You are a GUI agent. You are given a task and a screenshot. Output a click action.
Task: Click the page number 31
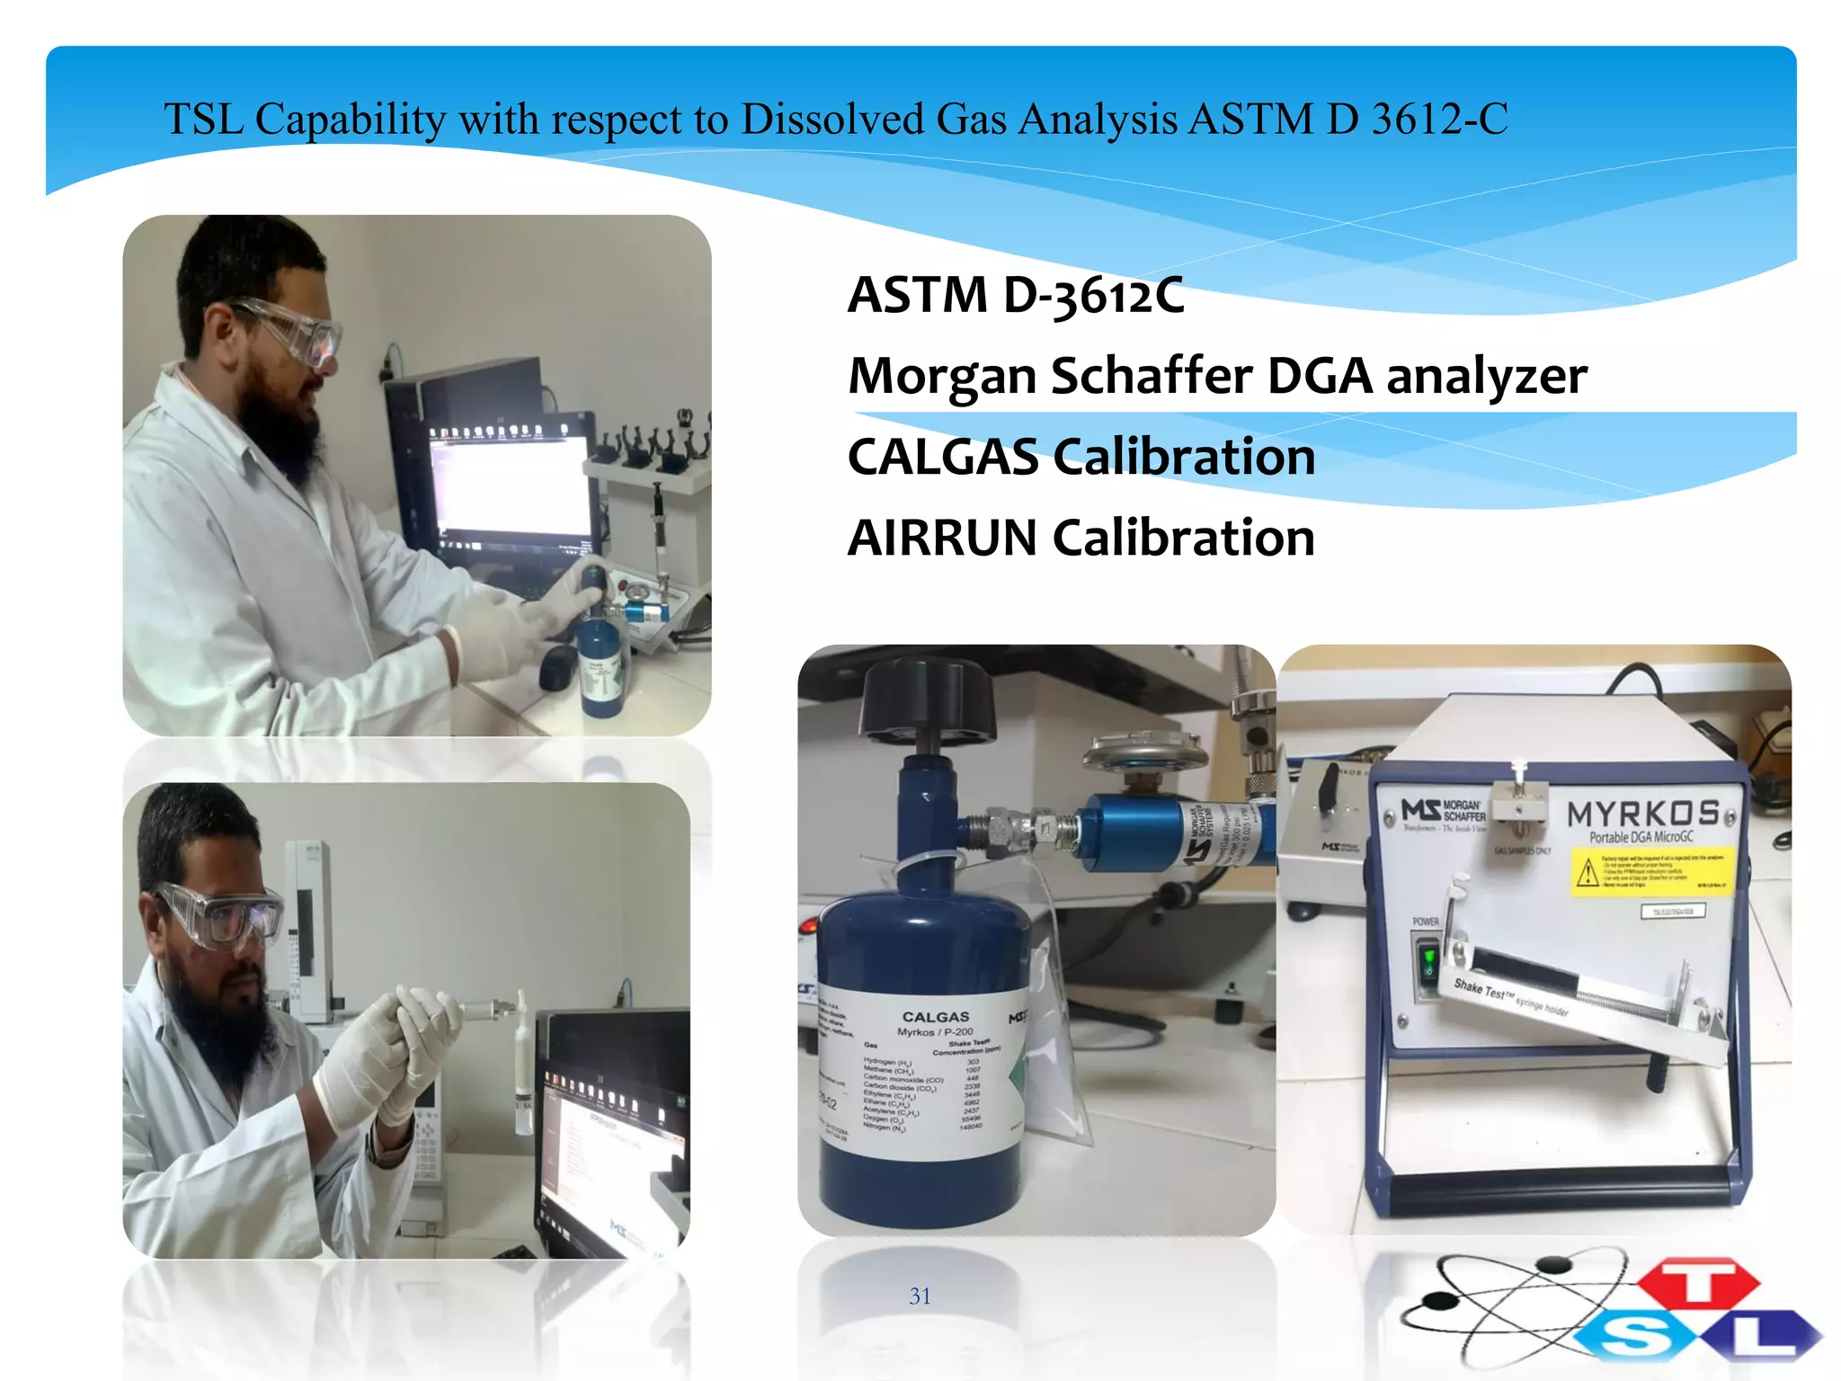pyautogui.click(x=920, y=1296)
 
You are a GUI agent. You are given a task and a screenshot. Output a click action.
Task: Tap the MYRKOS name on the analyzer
pyautogui.click(x=1643, y=814)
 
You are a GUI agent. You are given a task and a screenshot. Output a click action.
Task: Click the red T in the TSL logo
pyautogui.click(x=1698, y=1282)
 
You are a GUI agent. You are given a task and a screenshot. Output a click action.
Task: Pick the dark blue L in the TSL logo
pyautogui.click(x=1763, y=1334)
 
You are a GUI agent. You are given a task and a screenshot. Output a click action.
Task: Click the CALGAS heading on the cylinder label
pyautogui.click(x=936, y=1017)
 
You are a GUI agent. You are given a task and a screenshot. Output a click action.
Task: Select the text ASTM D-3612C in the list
pyautogui.click(x=1016, y=295)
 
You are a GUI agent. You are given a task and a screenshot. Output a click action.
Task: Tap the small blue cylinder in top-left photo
pyautogui.click(x=600, y=665)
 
